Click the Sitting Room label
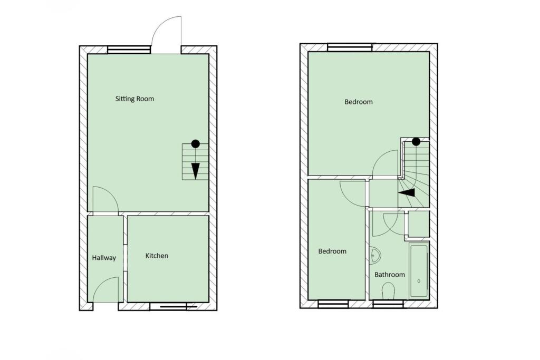coord(134,99)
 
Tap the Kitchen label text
coord(157,256)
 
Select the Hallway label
coord(103,258)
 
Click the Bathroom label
coord(389,275)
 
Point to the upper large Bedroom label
coord(358,102)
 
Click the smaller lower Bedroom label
coord(332,251)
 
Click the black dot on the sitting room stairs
coord(195,143)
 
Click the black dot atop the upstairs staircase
coord(416,141)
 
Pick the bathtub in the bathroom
coord(419,271)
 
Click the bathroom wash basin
coord(374,256)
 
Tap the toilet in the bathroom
coord(388,291)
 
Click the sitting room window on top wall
coord(129,50)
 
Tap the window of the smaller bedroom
coord(333,303)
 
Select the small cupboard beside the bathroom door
coord(418,224)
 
